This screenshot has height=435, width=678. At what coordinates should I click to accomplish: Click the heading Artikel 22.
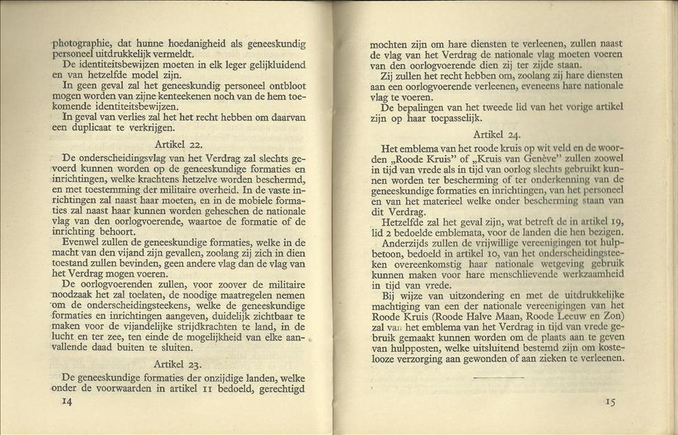[x=178, y=144]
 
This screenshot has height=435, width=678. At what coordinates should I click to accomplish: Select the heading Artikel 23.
[x=178, y=364]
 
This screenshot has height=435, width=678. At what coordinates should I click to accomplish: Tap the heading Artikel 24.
[x=496, y=135]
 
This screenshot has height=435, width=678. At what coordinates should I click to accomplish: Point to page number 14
[x=67, y=401]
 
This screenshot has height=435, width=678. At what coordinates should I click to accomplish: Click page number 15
[x=610, y=402]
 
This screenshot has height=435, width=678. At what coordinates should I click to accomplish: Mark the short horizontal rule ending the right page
[x=498, y=377]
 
